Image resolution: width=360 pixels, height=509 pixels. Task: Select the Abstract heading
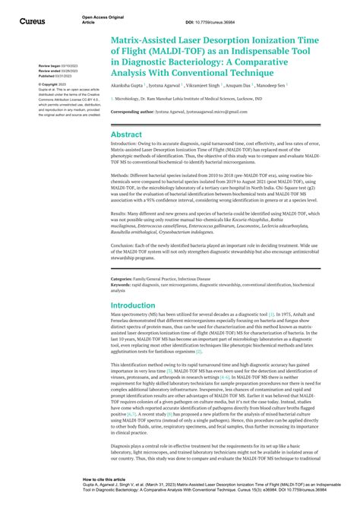pos(126,134)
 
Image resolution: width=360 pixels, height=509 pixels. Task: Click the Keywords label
pos(124,285)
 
